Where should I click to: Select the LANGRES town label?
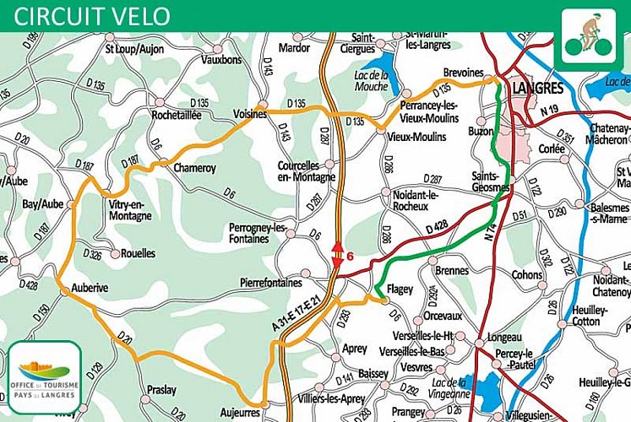pos(537,88)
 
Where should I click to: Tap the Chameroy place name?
pos(194,168)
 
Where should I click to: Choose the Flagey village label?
pos(400,289)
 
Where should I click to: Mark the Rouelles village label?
pos(138,252)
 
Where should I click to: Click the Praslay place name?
pos(161,389)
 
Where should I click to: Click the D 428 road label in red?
pos(437,226)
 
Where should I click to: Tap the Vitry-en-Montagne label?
pos(130,210)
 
